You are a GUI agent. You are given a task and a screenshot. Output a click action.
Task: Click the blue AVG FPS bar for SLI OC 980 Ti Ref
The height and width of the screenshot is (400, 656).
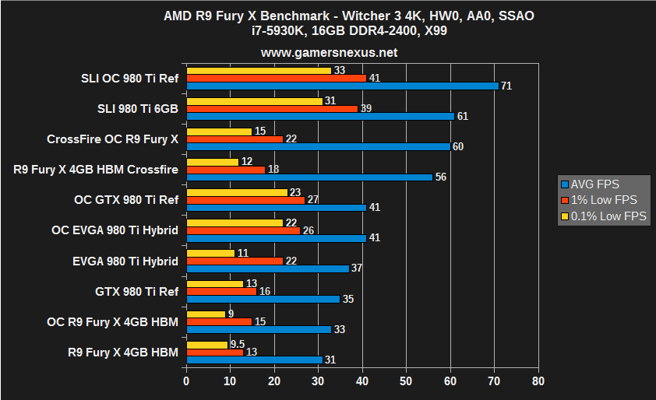342,86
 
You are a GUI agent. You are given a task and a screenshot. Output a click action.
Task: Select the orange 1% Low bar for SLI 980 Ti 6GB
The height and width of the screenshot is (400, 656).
272,108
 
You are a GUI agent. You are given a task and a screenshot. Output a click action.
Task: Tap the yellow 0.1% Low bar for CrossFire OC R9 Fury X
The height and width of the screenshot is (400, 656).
219,132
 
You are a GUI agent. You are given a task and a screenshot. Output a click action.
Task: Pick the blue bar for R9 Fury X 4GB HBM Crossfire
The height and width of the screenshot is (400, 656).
309,177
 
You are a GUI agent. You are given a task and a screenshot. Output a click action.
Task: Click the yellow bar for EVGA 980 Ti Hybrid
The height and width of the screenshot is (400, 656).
210,253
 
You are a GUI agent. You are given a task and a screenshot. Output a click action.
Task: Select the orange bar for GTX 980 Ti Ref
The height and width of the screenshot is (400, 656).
221,291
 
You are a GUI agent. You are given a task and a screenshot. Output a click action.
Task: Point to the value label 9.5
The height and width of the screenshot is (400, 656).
238,344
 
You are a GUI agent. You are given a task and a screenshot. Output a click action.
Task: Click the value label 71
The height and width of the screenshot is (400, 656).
506,86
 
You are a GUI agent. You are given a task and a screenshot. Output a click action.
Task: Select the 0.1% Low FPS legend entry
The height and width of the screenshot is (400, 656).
603,216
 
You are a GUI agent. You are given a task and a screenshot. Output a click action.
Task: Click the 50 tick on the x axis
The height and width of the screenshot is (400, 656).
406,381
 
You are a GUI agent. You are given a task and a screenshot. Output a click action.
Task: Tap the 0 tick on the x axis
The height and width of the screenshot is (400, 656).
186,381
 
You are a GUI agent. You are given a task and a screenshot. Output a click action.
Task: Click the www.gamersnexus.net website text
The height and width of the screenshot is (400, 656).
328,53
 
